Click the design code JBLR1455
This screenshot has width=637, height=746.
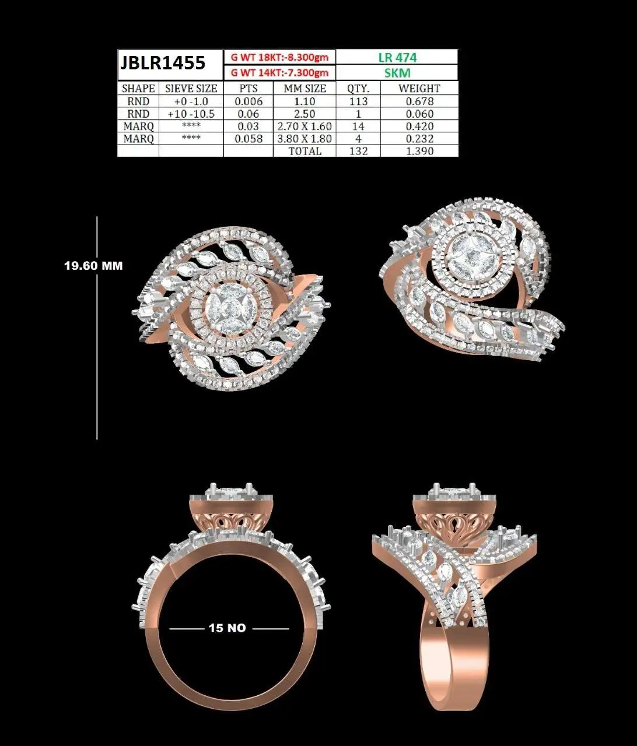pos(163,63)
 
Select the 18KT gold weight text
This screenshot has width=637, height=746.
pos(279,57)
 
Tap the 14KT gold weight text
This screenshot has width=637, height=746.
pos(279,73)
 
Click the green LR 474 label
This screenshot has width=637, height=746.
pos(397,57)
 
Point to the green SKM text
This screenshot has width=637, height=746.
pos(397,73)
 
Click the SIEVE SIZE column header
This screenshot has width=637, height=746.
pos(191,89)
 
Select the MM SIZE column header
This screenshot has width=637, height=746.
pos(305,89)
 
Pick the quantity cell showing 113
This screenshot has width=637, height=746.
pos(358,101)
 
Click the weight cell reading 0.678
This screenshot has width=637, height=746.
pos(419,101)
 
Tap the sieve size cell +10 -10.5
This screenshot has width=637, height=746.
pos(191,114)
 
